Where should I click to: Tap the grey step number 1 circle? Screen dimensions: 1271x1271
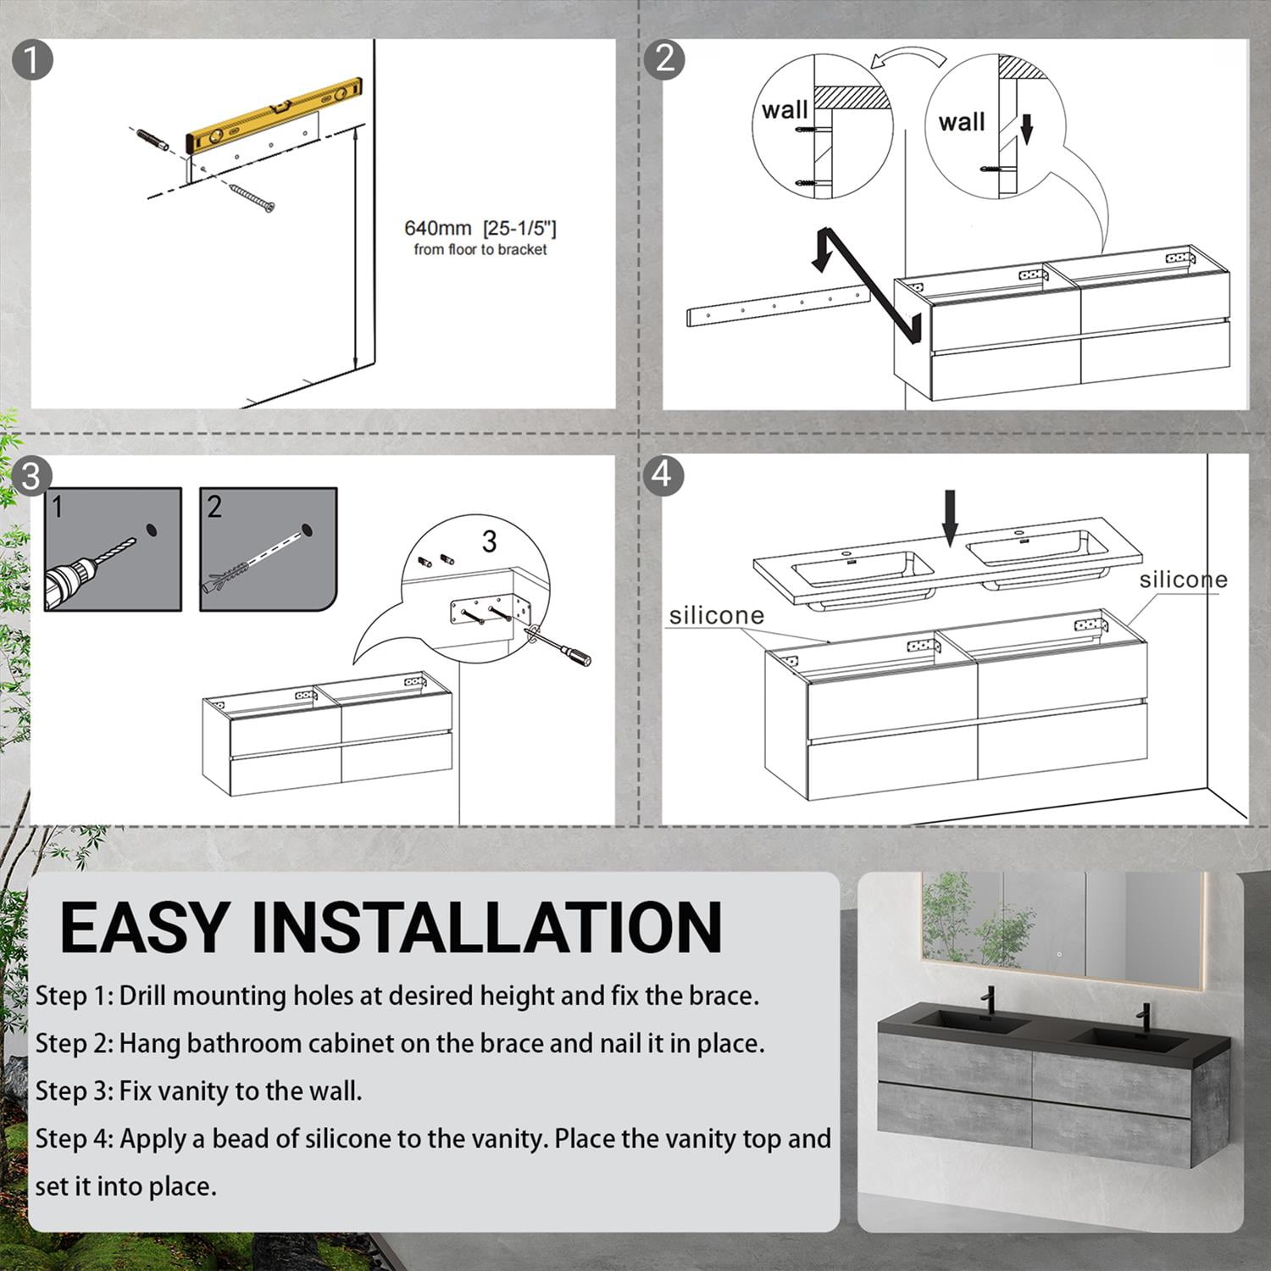(33, 60)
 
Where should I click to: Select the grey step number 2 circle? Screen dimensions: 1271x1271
(665, 58)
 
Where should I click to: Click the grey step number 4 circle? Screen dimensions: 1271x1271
(663, 474)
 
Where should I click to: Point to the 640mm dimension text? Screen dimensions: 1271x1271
(480, 228)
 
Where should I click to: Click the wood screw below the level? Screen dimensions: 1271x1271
(252, 196)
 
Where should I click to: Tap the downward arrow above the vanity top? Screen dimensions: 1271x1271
(950, 517)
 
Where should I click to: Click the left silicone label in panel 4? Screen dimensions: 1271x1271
(717, 615)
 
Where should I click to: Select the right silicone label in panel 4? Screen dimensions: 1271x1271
(1183, 580)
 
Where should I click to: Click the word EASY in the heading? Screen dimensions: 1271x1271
(144, 928)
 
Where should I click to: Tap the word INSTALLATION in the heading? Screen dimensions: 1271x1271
(487, 928)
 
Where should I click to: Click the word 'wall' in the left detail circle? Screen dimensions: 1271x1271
(785, 111)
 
